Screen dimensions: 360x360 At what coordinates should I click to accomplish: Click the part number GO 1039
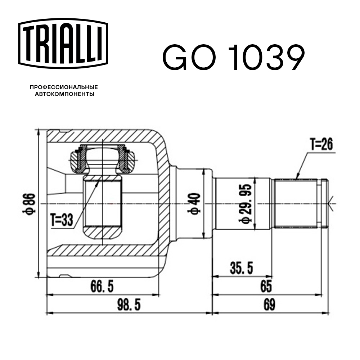[x=234, y=58]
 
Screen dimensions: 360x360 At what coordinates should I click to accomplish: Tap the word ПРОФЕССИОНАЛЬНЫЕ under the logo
[x=64, y=87]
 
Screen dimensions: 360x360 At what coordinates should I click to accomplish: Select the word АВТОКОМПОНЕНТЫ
[x=64, y=94]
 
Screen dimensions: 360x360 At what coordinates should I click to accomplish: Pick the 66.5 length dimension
[x=102, y=287]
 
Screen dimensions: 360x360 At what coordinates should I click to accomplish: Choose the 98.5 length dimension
[x=128, y=305]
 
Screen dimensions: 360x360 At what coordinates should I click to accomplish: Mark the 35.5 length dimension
[x=242, y=268]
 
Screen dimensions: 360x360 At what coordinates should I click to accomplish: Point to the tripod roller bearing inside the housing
[x=103, y=158]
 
